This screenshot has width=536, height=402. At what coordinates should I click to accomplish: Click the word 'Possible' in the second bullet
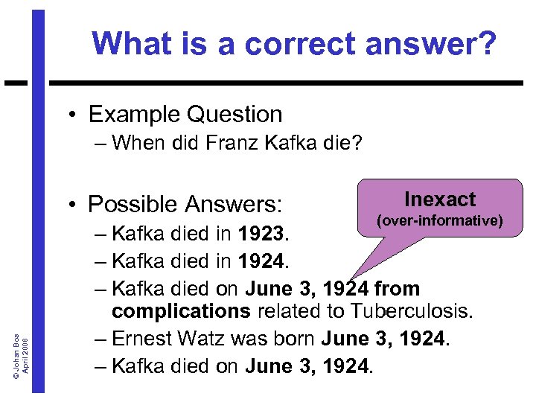point(133,204)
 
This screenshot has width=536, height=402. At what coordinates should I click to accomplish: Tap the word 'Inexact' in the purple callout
point(440,200)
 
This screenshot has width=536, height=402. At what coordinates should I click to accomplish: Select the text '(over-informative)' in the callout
point(440,220)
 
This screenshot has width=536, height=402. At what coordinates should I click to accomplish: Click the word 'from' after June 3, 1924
point(398,288)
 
